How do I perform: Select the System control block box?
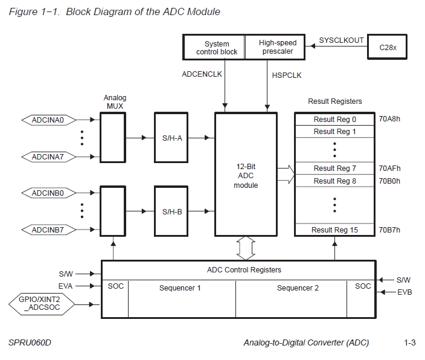(216, 48)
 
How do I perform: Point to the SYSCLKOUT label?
(341, 40)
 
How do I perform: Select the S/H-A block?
(172, 138)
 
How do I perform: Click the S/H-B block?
(172, 211)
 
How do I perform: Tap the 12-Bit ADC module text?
(246, 175)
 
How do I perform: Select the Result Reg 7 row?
(334, 169)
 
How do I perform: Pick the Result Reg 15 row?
(334, 230)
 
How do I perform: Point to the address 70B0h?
(389, 181)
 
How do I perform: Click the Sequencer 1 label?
(180, 288)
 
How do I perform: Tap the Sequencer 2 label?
(298, 288)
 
